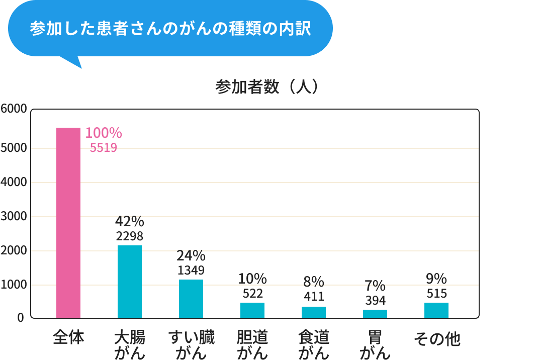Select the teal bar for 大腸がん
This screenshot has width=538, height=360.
click(130, 282)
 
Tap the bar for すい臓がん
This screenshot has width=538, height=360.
click(191, 299)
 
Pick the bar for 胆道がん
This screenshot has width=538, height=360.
click(252, 310)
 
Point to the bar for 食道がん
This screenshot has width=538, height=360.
click(314, 312)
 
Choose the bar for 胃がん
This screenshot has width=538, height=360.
click(375, 314)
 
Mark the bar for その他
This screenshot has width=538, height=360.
click(436, 310)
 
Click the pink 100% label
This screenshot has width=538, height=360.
click(104, 133)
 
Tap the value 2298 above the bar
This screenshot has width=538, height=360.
click(130, 236)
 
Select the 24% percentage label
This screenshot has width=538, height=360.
click(191, 255)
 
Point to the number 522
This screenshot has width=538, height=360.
click(252, 293)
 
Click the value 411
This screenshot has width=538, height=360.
click(314, 296)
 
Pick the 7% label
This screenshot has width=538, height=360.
click(375, 286)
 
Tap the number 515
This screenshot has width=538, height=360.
click(436, 293)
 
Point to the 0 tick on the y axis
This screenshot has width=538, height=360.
click(21, 318)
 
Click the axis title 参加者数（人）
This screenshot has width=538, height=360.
click(267, 87)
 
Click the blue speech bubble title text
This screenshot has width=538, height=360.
click(170, 28)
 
